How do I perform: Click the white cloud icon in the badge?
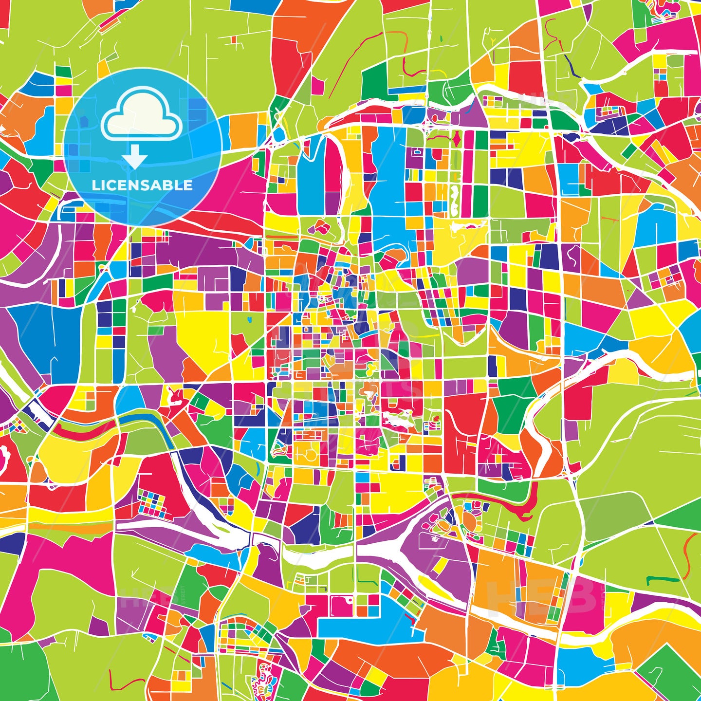(141, 117)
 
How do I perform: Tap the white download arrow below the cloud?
(134, 157)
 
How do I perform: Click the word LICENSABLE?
(142, 185)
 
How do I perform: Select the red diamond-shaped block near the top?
(456, 140)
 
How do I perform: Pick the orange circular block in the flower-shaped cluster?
(470, 521)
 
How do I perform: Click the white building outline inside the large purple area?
(433, 538)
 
